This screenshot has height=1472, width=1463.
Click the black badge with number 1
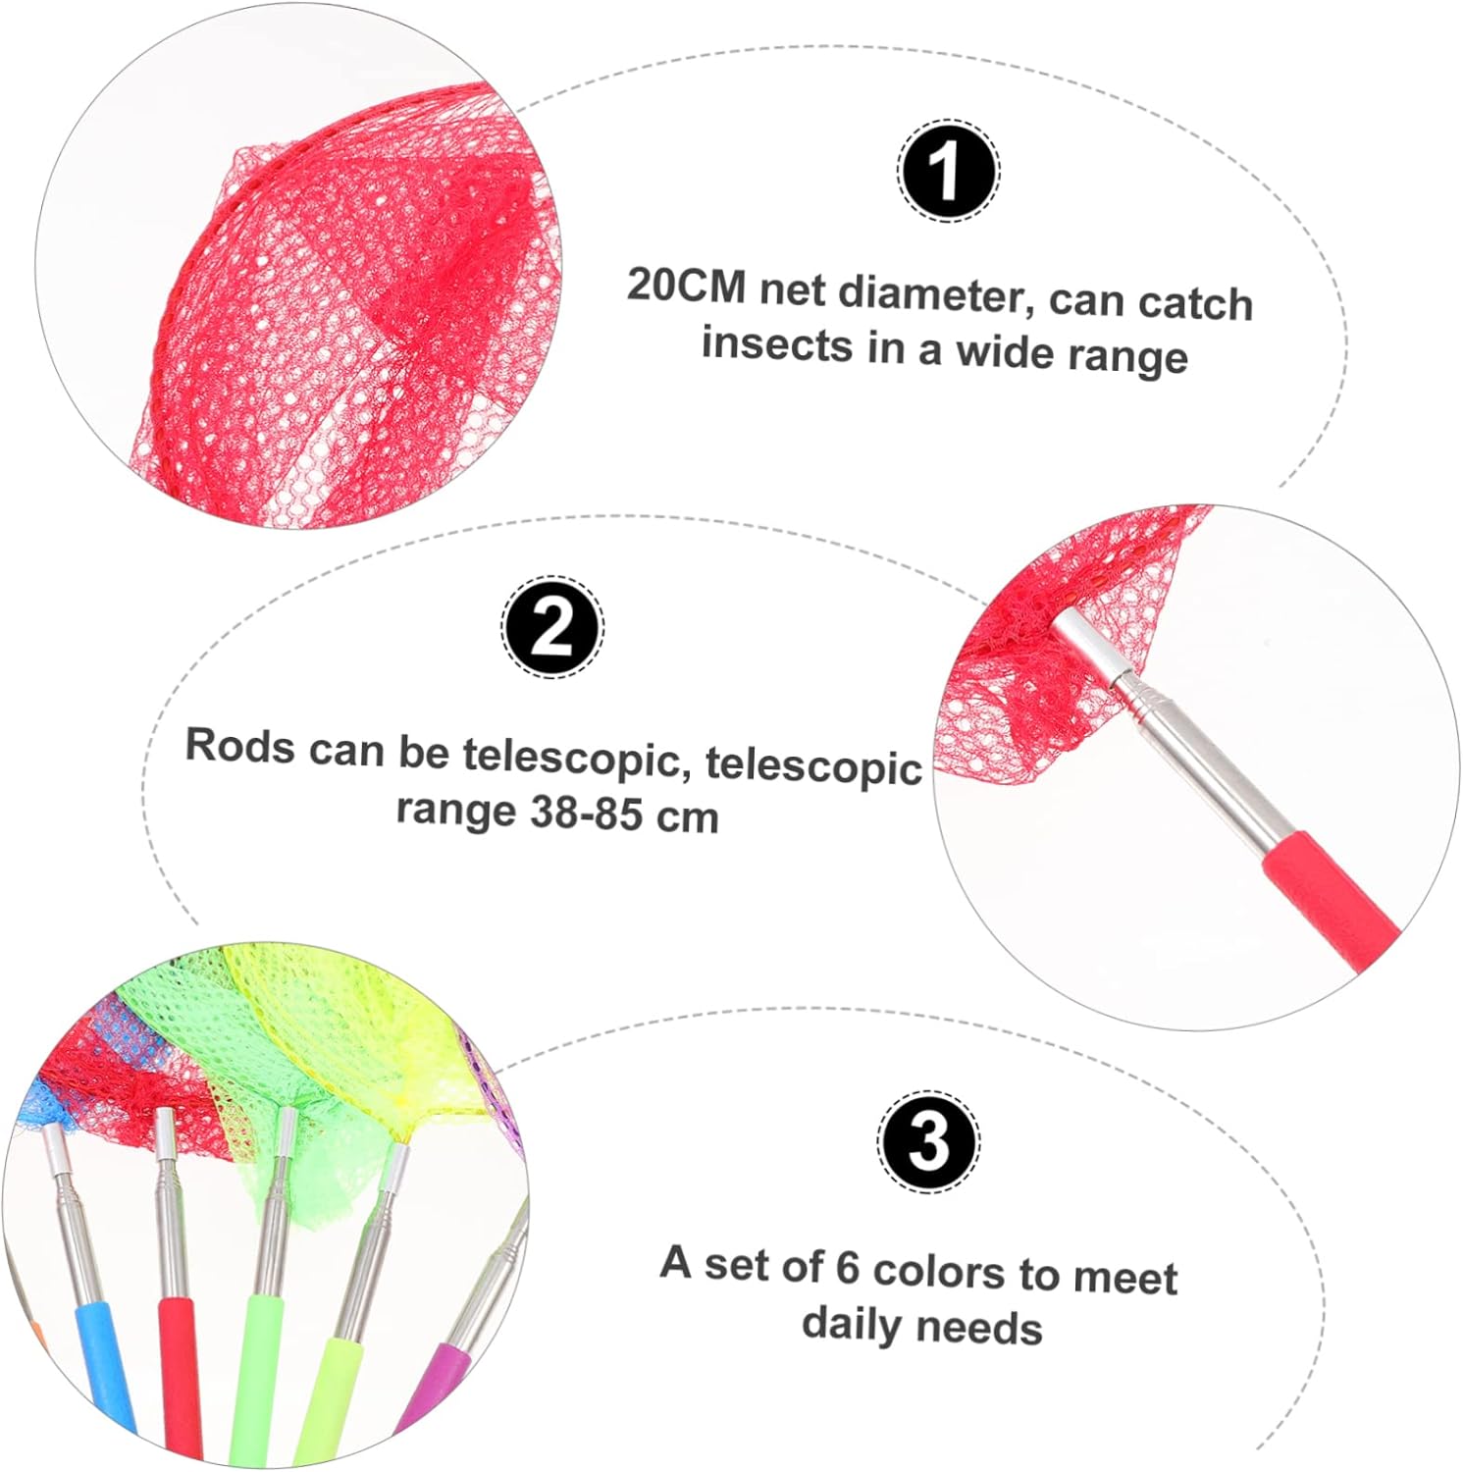948,171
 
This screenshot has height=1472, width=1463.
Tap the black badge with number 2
552,626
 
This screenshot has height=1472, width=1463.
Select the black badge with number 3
928,1141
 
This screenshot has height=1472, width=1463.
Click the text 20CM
686,286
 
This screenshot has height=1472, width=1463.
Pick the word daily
851,1324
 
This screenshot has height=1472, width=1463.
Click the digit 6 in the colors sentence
847,1267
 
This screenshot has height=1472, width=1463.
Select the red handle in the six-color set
182,1374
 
